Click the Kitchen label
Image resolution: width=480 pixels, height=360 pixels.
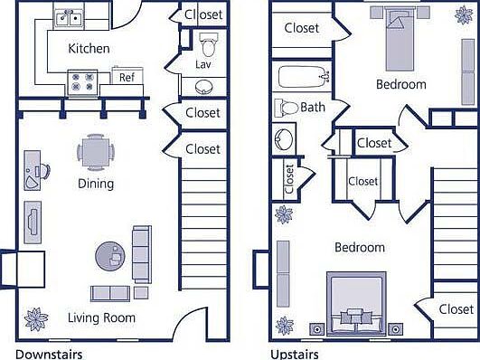89,48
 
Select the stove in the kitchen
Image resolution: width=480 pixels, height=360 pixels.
81,81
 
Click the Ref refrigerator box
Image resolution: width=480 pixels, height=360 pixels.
127,78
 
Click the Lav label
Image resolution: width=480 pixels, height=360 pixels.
203,65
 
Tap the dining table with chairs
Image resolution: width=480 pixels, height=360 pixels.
95,150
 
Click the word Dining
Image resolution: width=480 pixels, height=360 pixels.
95,184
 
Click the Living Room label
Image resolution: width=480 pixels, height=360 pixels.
101,317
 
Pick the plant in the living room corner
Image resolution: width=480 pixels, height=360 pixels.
36,319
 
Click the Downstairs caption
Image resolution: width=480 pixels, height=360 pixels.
50,353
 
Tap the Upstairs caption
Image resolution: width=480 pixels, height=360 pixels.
294,353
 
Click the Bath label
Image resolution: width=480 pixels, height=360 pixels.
313,107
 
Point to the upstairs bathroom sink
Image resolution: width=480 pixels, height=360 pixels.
283,141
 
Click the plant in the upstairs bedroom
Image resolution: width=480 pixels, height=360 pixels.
284,215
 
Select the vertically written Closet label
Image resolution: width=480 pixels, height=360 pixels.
289,179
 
